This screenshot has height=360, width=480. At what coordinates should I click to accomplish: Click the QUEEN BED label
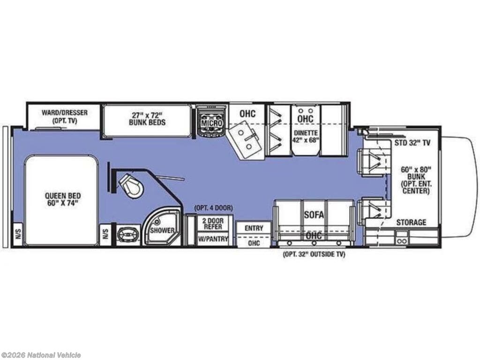63,199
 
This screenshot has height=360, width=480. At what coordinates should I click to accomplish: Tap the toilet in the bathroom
132,185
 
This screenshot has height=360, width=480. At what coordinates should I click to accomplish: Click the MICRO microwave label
211,123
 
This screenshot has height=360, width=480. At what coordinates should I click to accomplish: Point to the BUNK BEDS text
147,122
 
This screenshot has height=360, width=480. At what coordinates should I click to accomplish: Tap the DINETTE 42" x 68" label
306,136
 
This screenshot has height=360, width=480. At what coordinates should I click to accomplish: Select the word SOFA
314,215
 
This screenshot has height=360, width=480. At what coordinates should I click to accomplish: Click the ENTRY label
254,228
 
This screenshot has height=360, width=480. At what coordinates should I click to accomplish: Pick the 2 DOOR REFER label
213,224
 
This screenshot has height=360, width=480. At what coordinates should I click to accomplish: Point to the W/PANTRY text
213,239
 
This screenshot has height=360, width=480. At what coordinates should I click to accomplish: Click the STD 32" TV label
412,142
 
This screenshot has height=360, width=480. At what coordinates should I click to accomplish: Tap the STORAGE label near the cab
411,222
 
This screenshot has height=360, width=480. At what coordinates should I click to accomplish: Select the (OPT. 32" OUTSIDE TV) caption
314,254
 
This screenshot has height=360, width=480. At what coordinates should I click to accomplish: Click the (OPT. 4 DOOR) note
213,208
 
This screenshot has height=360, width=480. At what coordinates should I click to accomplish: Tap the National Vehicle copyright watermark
41,355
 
